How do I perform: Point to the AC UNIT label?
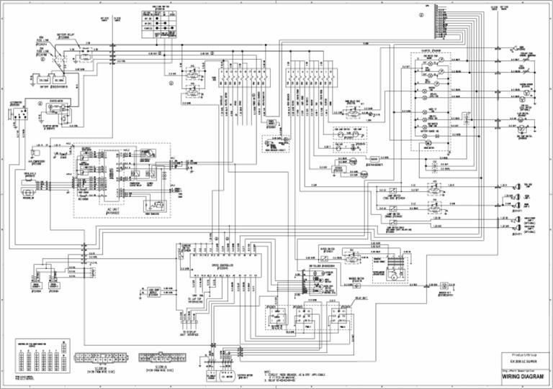(114, 210)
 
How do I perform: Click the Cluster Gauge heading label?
(431, 51)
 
